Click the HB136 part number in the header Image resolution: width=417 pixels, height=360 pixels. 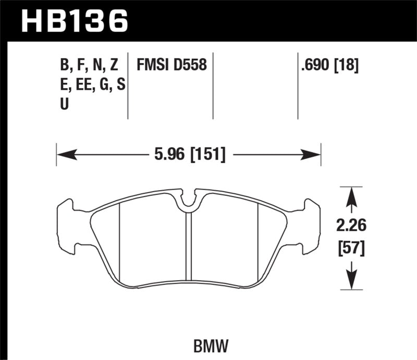tap(73, 20)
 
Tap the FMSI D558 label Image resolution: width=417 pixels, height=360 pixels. tap(172, 65)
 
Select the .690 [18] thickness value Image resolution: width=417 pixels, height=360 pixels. tap(330, 65)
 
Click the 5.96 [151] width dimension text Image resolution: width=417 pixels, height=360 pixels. tap(189, 154)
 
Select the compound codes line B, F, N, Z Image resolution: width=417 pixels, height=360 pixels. tap(89, 65)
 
